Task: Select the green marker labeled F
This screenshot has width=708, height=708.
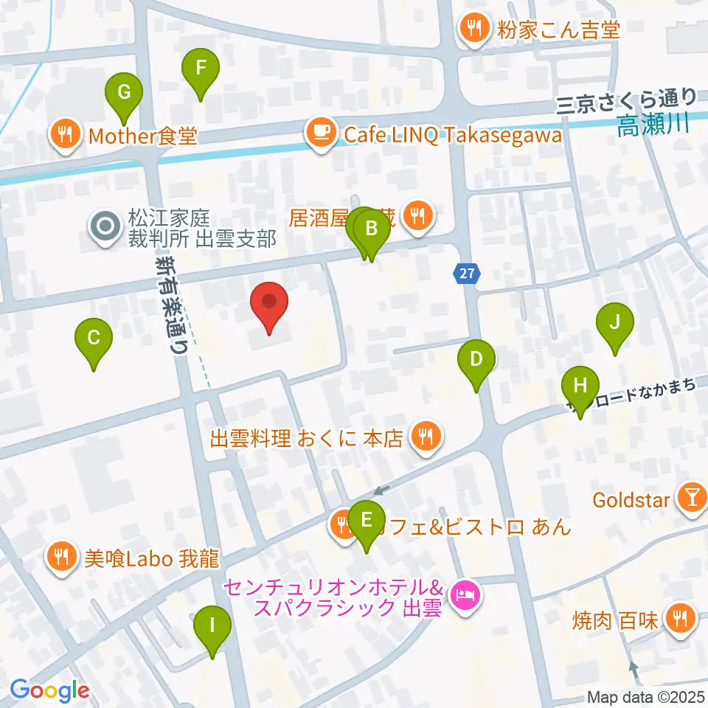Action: point(200,72)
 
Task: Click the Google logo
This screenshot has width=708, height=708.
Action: point(49,690)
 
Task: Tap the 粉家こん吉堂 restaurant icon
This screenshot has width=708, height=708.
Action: point(471,29)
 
